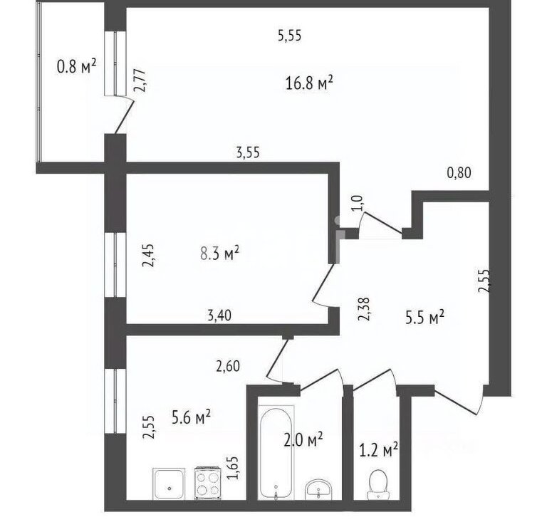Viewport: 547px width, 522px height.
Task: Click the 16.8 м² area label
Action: pos(309,83)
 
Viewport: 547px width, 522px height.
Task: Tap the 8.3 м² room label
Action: pos(220,253)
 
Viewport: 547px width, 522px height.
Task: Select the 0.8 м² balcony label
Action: pos(76,66)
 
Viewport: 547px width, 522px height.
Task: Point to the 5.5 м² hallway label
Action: pos(424,318)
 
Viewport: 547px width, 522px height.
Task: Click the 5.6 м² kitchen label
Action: pos(191,417)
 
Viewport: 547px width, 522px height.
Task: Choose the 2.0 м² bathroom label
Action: pos(303,439)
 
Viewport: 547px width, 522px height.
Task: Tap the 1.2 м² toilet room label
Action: pos(379,450)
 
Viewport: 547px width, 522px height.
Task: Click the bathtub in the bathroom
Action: pos(276,453)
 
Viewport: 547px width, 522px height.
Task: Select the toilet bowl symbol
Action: pos(377,484)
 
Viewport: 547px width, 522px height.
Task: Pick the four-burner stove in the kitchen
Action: pos(207,483)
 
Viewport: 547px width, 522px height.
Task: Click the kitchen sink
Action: pos(169,484)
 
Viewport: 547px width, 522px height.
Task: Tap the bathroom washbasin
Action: pos(318,489)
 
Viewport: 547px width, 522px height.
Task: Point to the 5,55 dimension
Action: pos(290,36)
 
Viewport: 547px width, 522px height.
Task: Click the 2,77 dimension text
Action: pos(140,81)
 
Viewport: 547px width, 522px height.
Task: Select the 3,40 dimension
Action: pos(219,315)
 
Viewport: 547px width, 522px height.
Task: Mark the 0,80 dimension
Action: pos(459,173)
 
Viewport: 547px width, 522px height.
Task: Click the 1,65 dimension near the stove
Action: pos(233,468)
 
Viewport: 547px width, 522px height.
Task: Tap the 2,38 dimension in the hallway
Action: pos(364,308)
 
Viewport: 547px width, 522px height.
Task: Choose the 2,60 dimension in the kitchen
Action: pos(228,366)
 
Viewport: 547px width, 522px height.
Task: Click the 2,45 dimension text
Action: pos(147,255)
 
